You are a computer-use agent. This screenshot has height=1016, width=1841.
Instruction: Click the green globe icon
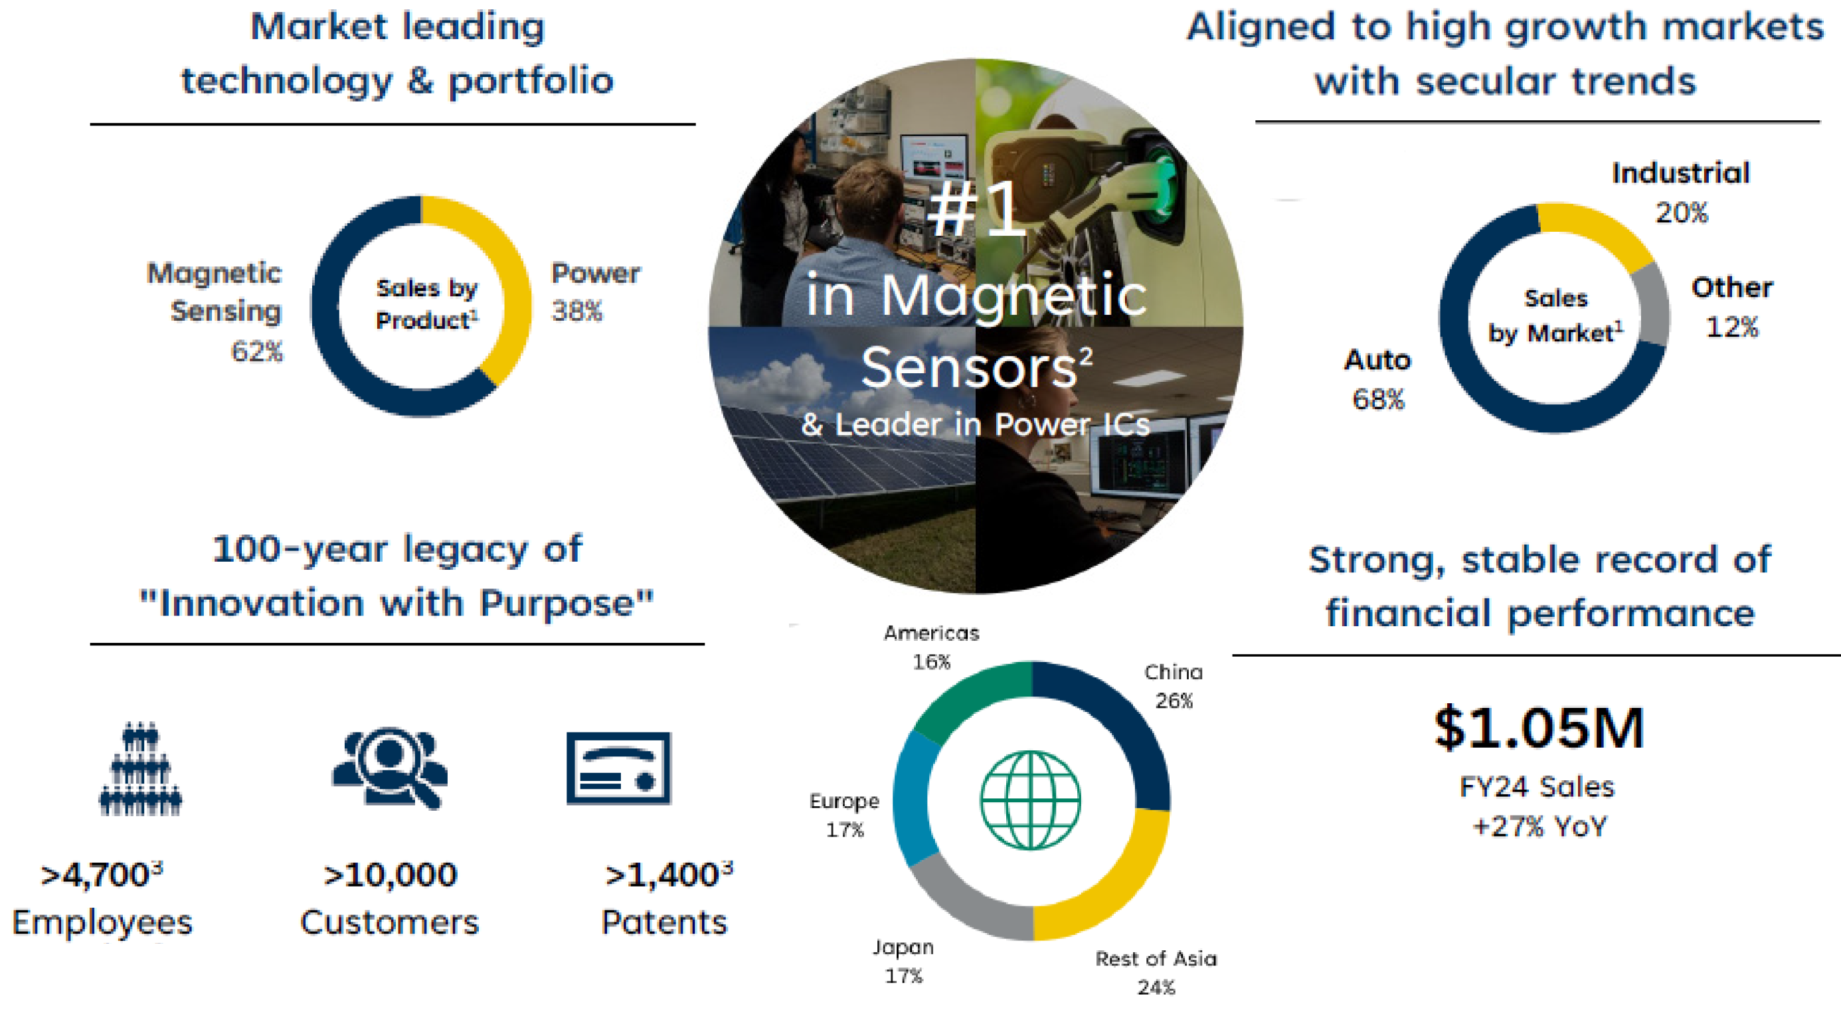(x=1030, y=800)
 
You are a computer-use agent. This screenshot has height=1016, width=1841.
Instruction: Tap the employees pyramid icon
(x=140, y=769)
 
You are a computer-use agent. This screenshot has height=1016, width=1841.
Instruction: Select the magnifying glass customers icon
(x=391, y=769)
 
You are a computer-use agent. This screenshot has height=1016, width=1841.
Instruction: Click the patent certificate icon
(x=619, y=768)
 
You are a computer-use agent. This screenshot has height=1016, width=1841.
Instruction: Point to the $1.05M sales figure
(x=1539, y=728)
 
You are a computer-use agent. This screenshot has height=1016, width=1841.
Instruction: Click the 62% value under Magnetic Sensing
(x=256, y=351)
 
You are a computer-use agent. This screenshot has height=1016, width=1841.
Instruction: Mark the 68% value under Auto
(x=1378, y=398)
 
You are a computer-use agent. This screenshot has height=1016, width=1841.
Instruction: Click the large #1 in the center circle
(x=977, y=208)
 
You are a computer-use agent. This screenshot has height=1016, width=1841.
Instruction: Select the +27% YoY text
(x=1539, y=827)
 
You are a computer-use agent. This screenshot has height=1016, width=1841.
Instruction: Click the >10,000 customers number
(x=391, y=875)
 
